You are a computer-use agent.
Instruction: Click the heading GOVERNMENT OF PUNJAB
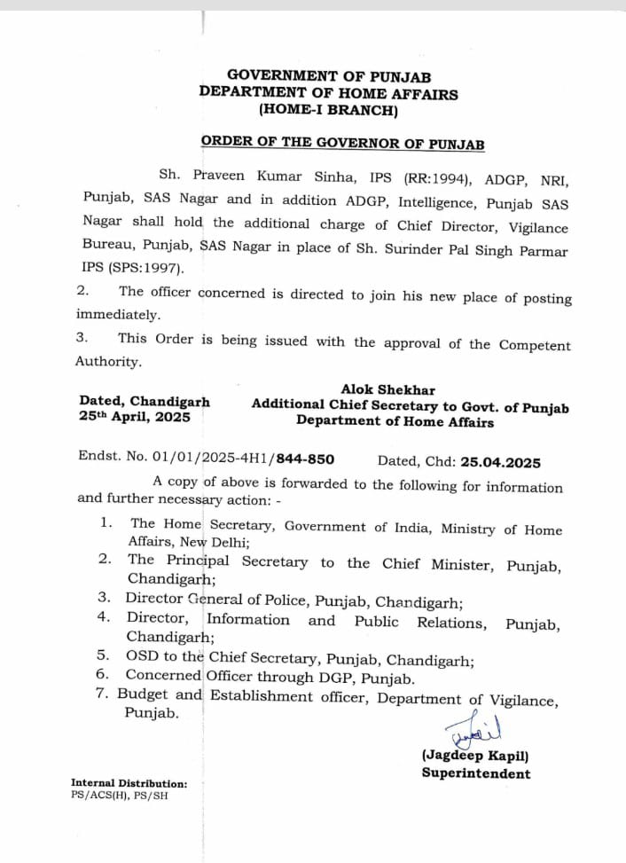[329, 76]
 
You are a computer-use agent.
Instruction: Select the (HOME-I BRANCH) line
[328, 110]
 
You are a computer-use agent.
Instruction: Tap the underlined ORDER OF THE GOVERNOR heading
[342, 142]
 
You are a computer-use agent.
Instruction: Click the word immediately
[106, 314]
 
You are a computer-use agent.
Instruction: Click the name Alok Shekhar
[387, 389]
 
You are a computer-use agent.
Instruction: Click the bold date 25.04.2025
[501, 461]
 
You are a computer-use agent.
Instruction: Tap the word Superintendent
[476, 773]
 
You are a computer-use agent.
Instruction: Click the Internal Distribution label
[129, 784]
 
